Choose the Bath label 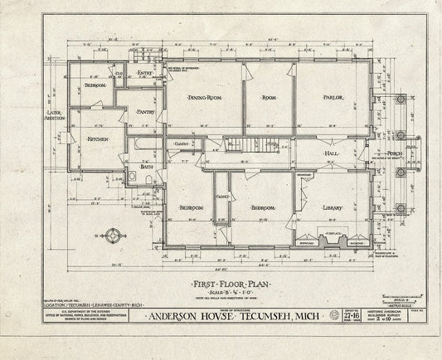[147, 167]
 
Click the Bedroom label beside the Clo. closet [96, 85]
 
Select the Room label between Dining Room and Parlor [268, 98]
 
